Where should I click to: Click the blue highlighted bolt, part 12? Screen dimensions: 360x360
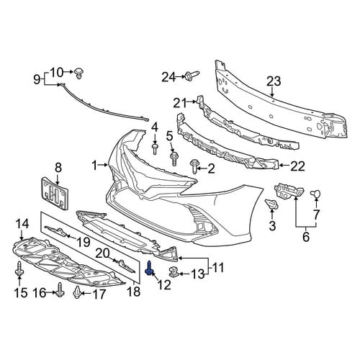pyautogui.click(x=149, y=269)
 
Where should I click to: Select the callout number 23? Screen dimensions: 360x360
pyautogui.click(x=274, y=81)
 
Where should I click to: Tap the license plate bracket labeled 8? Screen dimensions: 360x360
pyautogui.click(x=55, y=193)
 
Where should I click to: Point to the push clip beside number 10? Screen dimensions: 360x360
pyautogui.click(x=79, y=73)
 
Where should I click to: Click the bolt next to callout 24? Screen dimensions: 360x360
pyautogui.click(x=192, y=75)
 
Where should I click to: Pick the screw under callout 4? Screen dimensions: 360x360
pyautogui.click(x=155, y=149)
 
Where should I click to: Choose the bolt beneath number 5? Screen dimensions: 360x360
pyautogui.click(x=174, y=158)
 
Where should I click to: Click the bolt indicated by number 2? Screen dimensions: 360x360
pyautogui.click(x=194, y=166)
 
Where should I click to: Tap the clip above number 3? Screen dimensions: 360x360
pyautogui.click(x=272, y=204)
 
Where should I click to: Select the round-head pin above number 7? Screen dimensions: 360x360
pyautogui.click(x=315, y=194)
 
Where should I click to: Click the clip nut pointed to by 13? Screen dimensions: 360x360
pyautogui.click(x=174, y=271)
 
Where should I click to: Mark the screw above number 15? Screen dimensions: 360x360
pyautogui.click(x=19, y=269)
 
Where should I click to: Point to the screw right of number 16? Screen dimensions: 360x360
pyautogui.click(x=60, y=290)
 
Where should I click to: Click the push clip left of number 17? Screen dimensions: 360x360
pyautogui.click(x=77, y=292)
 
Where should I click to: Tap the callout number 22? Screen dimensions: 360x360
pyautogui.click(x=297, y=166)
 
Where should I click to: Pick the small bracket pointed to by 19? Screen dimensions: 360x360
pyautogui.click(x=55, y=231)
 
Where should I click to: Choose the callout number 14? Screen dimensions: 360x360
pyautogui.click(x=22, y=224)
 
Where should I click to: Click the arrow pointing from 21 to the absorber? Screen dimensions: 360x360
pyautogui.click(x=192, y=102)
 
